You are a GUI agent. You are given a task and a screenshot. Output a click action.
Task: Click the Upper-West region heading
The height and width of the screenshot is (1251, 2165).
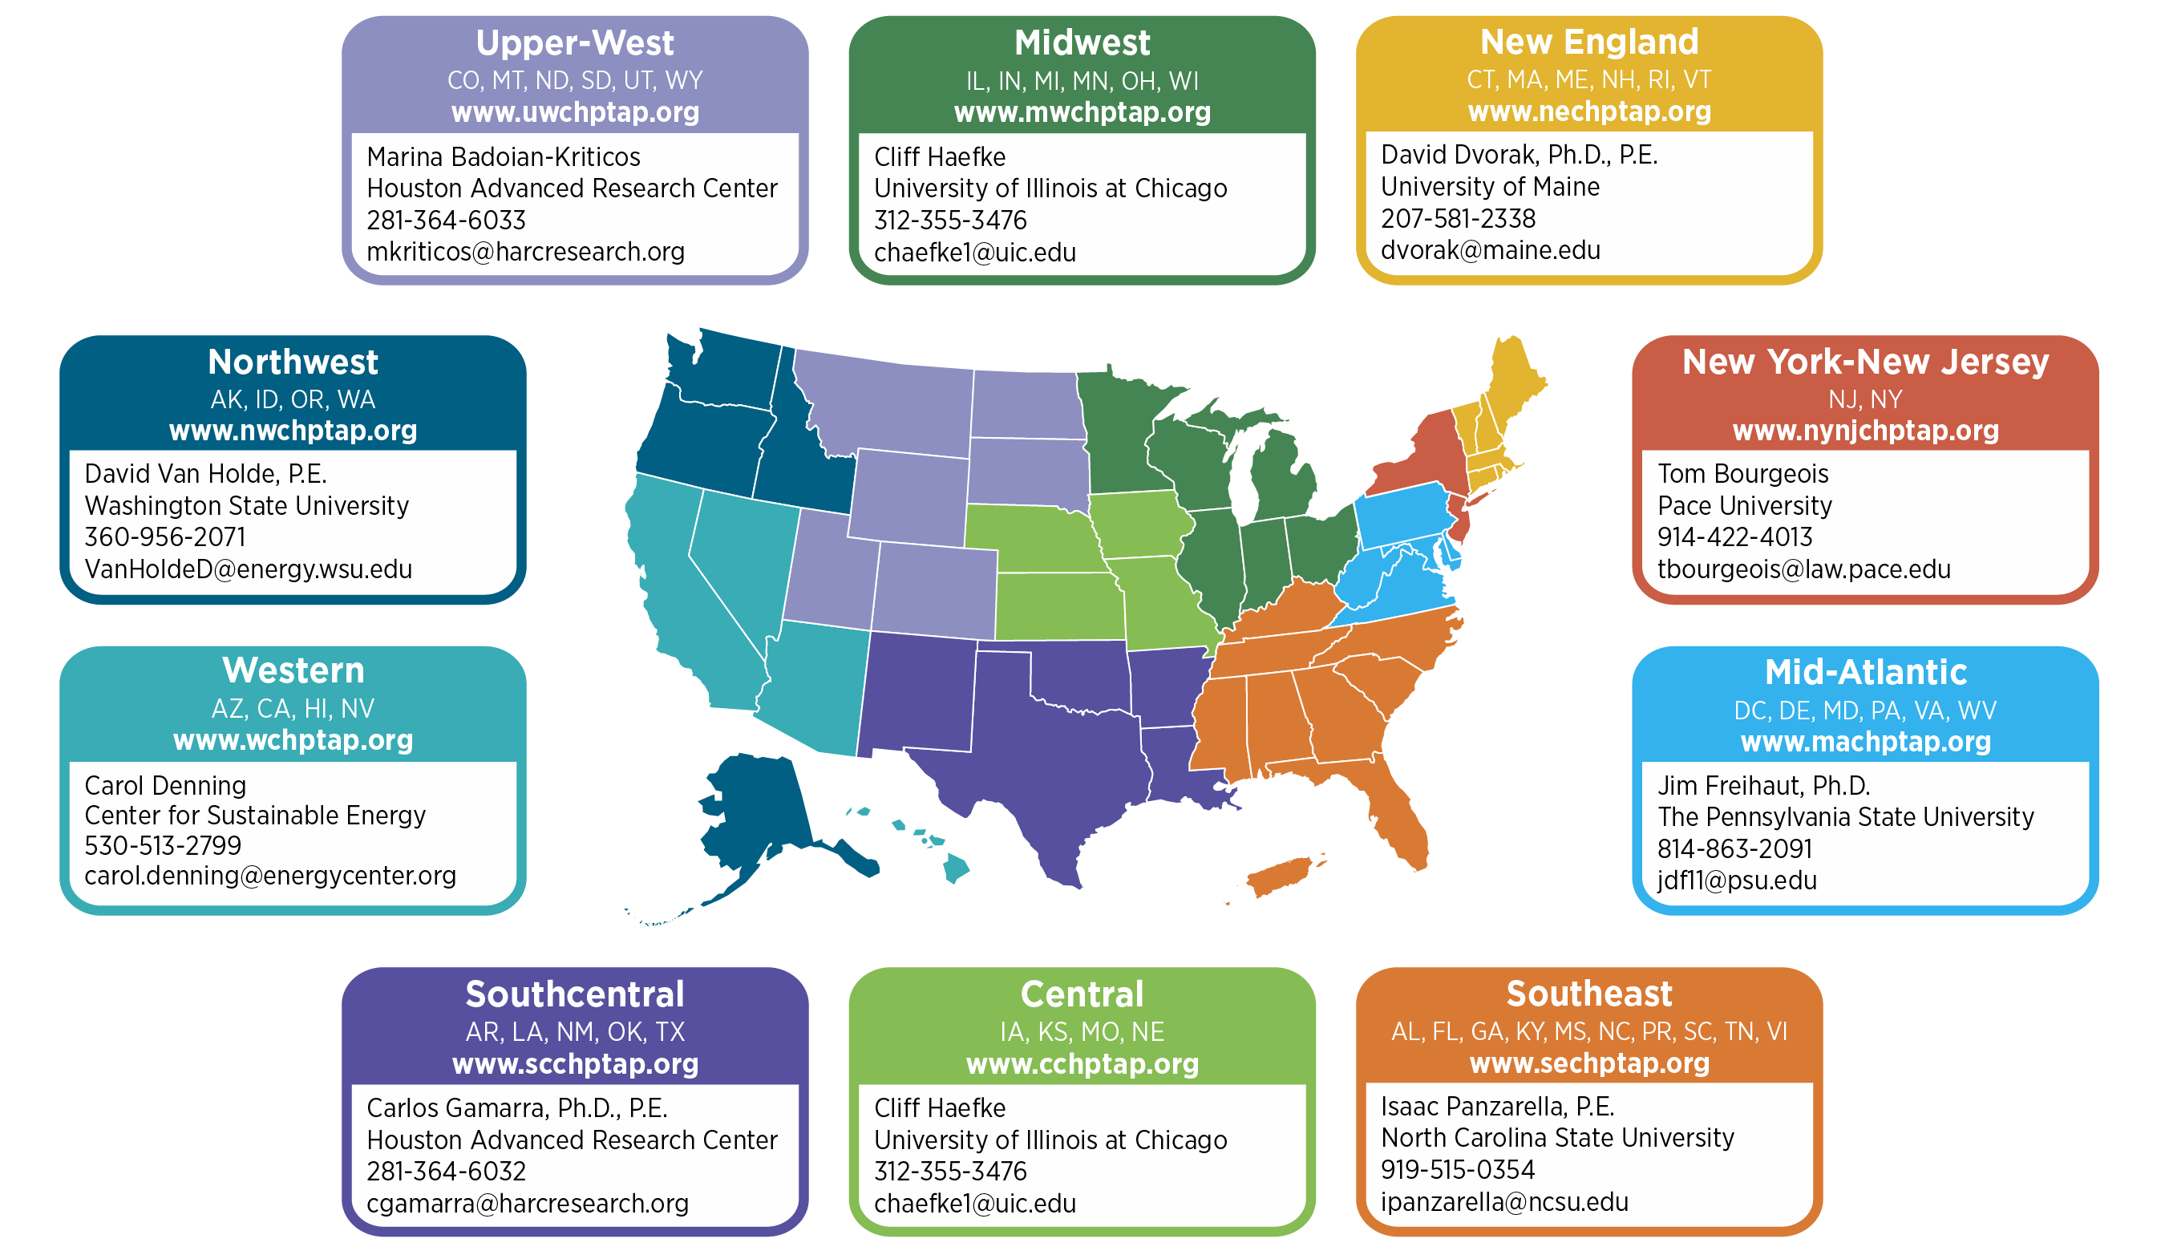point(575,43)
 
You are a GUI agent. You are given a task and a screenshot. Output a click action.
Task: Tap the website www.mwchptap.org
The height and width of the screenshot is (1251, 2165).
point(1082,112)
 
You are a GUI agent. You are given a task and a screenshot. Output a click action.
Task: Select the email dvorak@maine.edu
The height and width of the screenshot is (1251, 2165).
point(1490,250)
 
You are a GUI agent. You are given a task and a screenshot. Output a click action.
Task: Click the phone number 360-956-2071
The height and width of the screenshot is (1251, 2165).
point(165,537)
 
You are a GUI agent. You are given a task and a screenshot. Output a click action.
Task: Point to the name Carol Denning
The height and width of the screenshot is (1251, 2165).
point(165,785)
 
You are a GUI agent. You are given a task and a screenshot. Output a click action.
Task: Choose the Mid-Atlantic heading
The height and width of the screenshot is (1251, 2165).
point(1865,672)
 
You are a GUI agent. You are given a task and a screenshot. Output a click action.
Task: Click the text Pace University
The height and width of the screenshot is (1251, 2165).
point(1744,505)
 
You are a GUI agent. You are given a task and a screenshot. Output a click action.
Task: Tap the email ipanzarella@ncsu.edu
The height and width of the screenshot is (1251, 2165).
point(1504,1201)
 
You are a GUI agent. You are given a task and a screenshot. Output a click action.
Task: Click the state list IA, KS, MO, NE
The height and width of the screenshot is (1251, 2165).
point(1082,1031)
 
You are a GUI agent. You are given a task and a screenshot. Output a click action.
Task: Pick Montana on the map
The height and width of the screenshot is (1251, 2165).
point(893,404)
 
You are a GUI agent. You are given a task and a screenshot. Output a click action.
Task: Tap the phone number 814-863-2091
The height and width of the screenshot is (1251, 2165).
point(1734,849)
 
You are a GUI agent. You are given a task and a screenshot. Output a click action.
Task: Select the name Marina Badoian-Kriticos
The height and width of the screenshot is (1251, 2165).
point(504,157)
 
